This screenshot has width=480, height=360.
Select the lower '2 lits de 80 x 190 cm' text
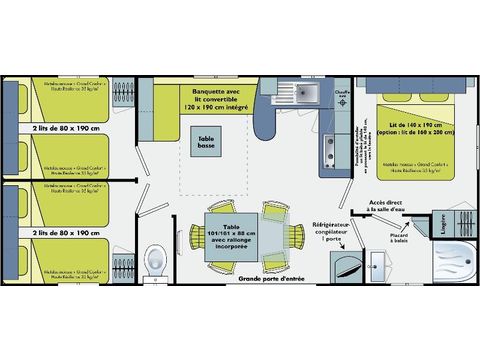point(67,232)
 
